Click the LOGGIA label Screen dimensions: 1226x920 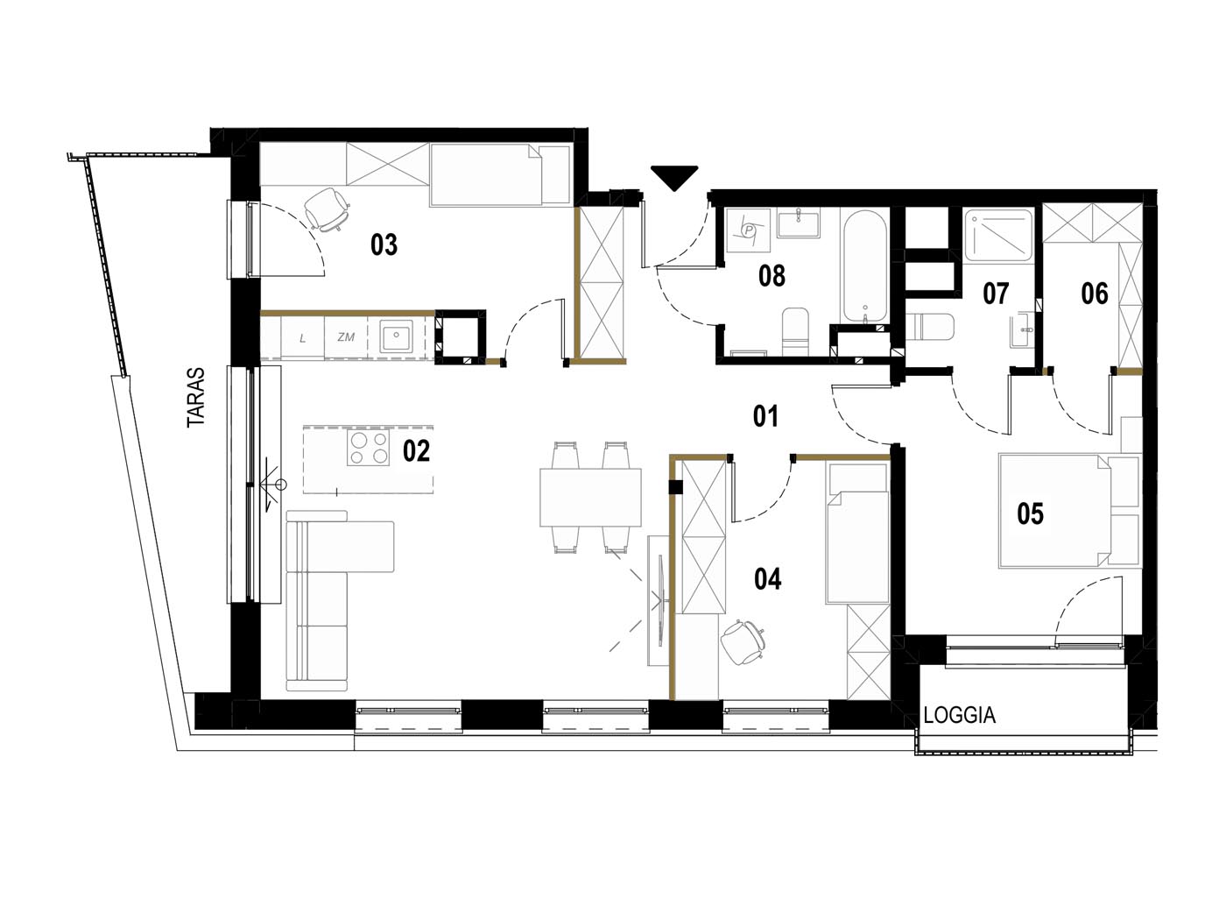[x=959, y=715]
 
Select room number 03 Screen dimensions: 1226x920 [x=384, y=244]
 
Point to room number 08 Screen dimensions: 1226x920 [x=772, y=276]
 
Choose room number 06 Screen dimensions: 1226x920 [x=1094, y=294]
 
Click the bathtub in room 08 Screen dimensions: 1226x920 [x=864, y=265]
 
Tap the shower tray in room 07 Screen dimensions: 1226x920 [x=998, y=235]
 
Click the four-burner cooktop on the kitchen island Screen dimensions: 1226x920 [x=368, y=448]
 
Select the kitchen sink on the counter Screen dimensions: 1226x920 [x=396, y=336]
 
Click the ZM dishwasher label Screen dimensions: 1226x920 [x=346, y=336]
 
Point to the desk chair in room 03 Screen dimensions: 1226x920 [x=328, y=209]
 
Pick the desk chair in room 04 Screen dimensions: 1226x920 [x=743, y=642]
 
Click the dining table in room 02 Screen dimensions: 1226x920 [x=590, y=497]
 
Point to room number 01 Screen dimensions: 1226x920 [x=765, y=417]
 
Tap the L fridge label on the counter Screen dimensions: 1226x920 [x=303, y=338]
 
